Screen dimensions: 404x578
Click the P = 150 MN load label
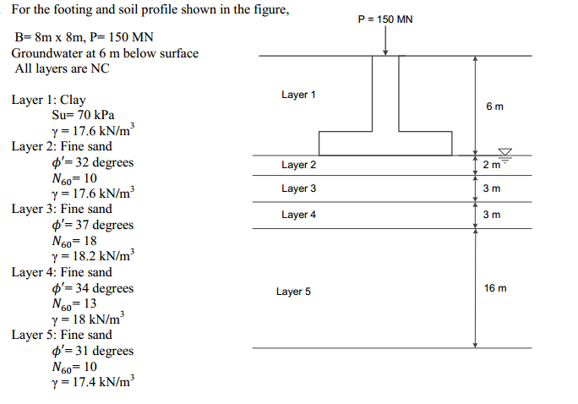(385, 19)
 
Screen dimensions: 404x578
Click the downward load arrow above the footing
(385, 41)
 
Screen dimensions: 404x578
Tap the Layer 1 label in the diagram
(298, 95)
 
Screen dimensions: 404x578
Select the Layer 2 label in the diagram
(298, 165)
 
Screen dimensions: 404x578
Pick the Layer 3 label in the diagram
(298, 188)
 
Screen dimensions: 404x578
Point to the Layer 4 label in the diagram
(298, 215)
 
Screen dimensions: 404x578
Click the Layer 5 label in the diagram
(293, 292)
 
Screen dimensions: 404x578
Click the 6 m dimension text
(494, 106)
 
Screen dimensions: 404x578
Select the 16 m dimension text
(495, 288)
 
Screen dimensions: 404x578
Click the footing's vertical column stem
(385, 93)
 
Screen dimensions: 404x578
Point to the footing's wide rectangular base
(385, 144)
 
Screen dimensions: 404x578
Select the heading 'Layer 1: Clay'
(48, 100)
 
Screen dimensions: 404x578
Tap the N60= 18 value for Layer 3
(74, 241)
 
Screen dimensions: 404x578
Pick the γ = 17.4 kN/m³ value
(92, 382)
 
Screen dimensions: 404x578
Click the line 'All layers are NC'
(62, 68)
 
